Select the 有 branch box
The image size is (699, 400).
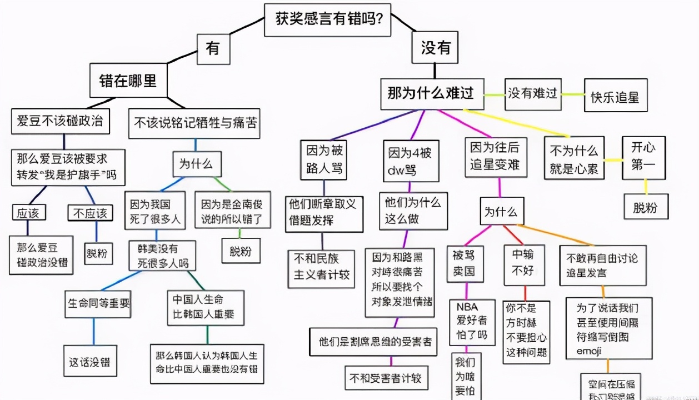(213, 48)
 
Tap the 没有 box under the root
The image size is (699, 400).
(435, 48)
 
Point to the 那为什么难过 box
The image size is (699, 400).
(431, 93)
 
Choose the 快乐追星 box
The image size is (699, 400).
(615, 97)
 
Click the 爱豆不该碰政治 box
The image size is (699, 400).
(61, 121)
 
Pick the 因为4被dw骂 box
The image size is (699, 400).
(410, 160)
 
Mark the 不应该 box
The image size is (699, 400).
(89, 213)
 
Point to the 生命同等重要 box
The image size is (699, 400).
(99, 303)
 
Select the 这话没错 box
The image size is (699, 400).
(89, 363)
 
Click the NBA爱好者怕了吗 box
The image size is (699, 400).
(472, 322)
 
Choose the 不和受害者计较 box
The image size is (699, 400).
(386, 379)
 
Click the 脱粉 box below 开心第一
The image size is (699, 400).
(645, 207)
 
